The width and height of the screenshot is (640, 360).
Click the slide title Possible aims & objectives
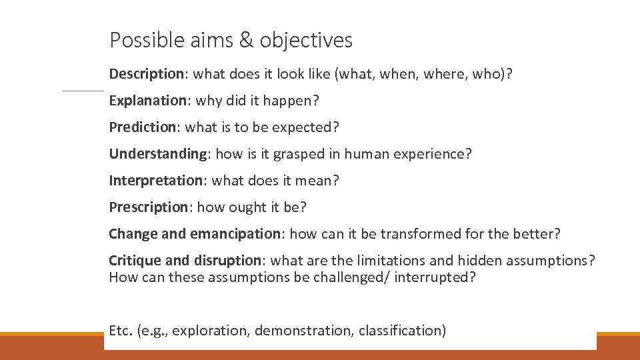(231, 41)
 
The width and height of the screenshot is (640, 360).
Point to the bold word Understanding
(158, 154)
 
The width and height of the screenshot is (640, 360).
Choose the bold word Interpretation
(155, 181)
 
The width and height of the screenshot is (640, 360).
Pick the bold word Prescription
(149, 207)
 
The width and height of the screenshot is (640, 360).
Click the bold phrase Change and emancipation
(195, 234)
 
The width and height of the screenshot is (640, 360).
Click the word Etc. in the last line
(121, 330)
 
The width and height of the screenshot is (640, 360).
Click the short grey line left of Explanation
(83, 91)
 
